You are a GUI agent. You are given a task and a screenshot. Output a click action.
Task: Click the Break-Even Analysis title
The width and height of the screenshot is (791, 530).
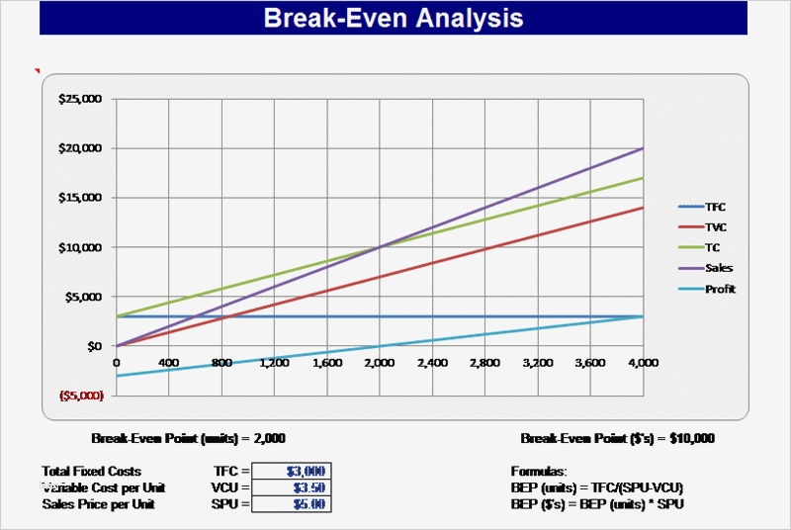[394, 18]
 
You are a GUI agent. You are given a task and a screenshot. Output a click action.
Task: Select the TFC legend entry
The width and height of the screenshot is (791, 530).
[716, 207]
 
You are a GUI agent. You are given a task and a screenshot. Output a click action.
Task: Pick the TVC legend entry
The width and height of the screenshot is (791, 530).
[716, 227]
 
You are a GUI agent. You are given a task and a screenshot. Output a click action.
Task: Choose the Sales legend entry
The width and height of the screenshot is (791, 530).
[719, 268]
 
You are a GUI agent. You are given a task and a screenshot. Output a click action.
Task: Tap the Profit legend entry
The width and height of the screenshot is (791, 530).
[720, 289]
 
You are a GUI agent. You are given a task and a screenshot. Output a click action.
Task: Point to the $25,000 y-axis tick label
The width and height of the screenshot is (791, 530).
[80, 99]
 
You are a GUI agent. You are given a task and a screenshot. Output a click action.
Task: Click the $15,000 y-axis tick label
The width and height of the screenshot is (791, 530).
[80, 198]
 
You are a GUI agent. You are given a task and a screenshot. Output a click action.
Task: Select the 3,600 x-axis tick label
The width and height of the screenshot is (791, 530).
[590, 363]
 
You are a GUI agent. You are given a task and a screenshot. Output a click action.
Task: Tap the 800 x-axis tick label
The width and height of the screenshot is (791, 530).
[221, 363]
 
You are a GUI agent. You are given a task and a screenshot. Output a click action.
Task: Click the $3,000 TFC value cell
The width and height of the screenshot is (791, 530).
[291, 471]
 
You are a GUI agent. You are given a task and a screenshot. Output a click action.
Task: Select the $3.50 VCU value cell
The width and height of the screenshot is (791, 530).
[291, 487]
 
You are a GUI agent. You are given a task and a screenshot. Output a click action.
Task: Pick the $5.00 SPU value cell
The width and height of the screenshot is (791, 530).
[291, 504]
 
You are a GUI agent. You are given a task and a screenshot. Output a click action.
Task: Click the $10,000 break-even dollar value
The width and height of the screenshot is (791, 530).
[691, 437]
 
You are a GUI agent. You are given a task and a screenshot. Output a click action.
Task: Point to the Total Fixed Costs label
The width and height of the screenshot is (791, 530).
[92, 471]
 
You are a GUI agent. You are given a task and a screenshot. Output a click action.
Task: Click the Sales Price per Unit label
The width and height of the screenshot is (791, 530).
[99, 504]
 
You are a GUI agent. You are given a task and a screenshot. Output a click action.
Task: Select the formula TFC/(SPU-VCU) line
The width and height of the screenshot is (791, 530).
[597, 487]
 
